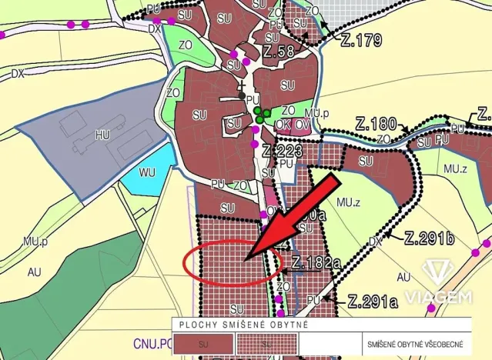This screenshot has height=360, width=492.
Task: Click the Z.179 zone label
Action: pyautogui.click(x=360, y=41)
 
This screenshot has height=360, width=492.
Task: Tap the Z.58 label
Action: pyautogui.click(x=278, y=53)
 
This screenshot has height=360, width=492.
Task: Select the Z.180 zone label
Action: pyautogui.click(x=376, y=124)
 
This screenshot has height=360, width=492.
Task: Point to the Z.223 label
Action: pyautogui.click(x=280, y=150)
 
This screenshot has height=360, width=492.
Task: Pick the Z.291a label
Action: pyautogui.click(x=373, y=301)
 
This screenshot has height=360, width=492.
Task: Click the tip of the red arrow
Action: pyautogui.click(x=246, y=260)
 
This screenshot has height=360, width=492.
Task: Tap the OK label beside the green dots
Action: pyautogui.click(x=283, y=124)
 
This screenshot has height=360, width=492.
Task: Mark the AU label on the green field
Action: pyautogui.click(x=34, y=272)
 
